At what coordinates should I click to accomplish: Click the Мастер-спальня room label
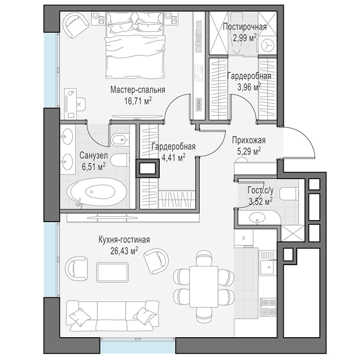(137, 90)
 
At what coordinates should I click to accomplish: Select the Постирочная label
(245, 27)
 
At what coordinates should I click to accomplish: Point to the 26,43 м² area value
(124, 251)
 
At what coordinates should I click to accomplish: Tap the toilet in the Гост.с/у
(291, 193)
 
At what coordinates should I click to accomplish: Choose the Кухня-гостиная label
(124, 240)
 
